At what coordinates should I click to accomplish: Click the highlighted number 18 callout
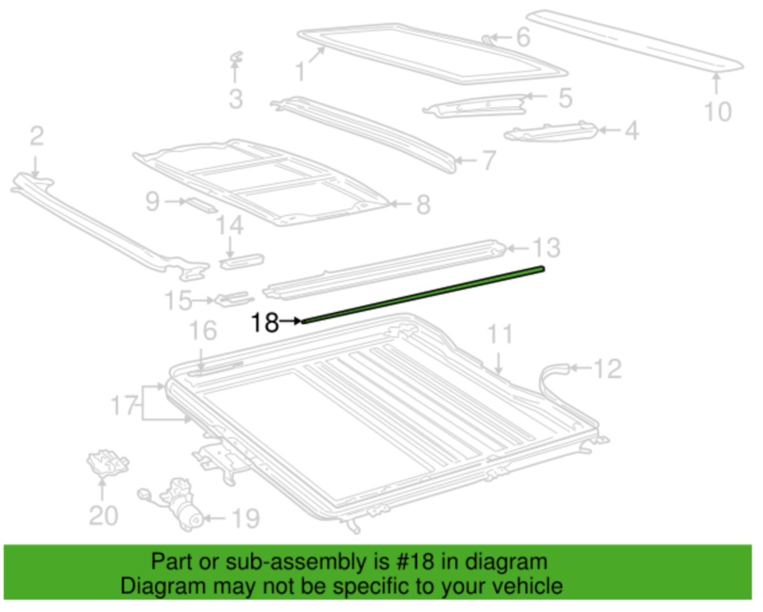click(x=265, y=323)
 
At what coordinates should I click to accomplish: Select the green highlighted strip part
click(x=423, y=295)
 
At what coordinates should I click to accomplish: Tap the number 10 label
click(x=718, y=112)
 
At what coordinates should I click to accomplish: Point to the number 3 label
click(x=236, y=99)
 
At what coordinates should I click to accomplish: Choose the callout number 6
click(x=522, y=37)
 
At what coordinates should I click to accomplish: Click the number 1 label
click(x=300, y=71)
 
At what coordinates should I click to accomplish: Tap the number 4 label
click(x=631, y=131)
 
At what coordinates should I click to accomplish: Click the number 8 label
click(x=423, y=205)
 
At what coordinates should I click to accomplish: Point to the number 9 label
click(x=152, y=202)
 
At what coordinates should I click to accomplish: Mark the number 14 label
click(x=230, y=225)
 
